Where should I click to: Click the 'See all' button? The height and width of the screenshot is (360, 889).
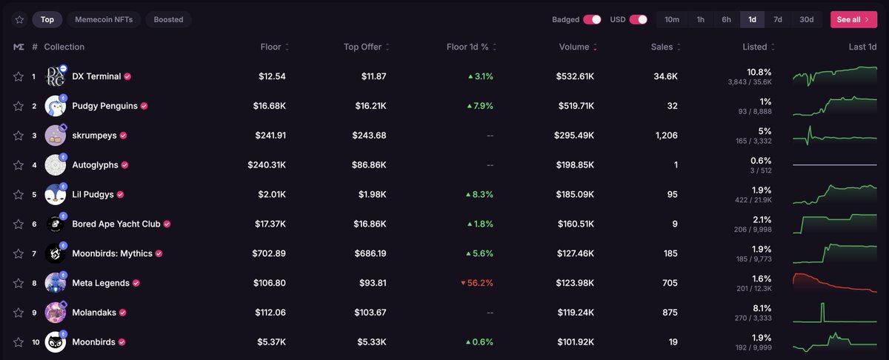coord(853,19)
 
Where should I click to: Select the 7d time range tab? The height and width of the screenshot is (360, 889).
coord(777,19)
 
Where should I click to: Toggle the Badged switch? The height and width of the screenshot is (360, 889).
coord(592,19)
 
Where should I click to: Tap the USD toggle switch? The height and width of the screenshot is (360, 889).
coord(638,19)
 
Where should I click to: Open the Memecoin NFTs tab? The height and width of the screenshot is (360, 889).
coord(104,19)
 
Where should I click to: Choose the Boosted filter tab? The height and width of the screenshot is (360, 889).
coord(169,19)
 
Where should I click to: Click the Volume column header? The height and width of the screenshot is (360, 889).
coord(577,47)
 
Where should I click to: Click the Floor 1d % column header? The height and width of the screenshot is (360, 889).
coord(471,47)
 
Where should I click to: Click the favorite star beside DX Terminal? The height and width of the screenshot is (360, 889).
coord(19,76)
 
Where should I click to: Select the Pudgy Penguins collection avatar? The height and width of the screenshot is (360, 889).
coord(55,106)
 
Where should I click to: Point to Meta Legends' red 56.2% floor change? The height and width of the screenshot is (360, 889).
coord(476,283)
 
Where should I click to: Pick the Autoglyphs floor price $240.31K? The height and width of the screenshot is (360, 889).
coord(267,164)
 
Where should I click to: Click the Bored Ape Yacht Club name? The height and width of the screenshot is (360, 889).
coord(116,224)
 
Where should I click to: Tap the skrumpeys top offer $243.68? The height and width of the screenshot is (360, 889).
coord(369,136)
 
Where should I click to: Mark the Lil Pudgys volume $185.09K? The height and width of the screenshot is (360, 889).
coord(575,195)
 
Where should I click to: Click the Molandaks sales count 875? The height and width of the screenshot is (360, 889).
coord(670,313)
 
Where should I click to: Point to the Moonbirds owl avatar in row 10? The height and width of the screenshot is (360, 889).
coord(55,342)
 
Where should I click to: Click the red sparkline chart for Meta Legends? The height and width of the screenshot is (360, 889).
coord(835,283)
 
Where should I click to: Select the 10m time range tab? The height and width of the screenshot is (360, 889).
coord(672,19)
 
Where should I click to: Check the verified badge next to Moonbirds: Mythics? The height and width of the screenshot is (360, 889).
coord(159,253)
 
